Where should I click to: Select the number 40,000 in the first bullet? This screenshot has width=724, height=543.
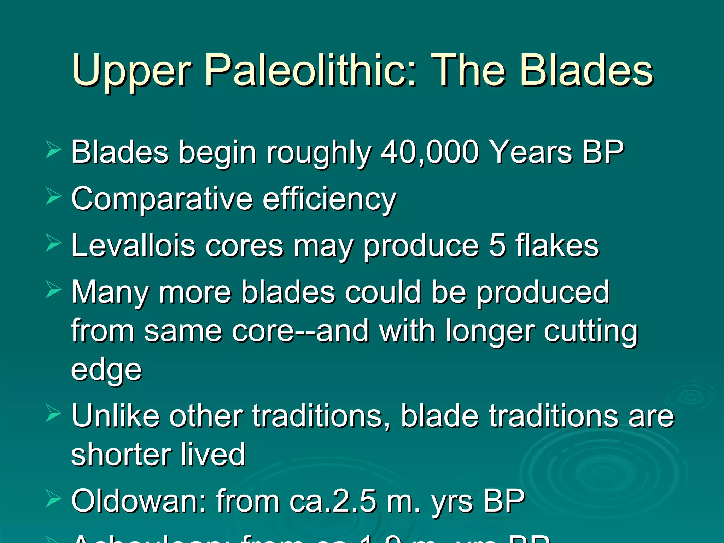(430, 152)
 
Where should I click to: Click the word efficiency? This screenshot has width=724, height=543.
(329, 199)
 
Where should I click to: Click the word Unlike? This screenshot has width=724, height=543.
(115, 416)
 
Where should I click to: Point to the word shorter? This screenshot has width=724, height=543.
(121, 455)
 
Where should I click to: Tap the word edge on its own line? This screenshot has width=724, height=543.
(106, 370)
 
